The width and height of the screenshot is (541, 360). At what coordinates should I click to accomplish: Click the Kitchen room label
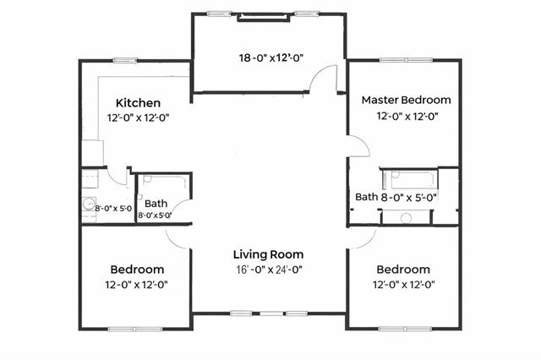(138, 103)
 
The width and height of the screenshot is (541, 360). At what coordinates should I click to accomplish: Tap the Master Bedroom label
(406, 100)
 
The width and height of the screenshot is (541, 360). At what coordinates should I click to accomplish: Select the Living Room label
(269, 254)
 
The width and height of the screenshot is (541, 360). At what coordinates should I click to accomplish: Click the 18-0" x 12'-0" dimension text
(270, 57)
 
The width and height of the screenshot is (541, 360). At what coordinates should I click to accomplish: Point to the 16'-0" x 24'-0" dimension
(269, 270)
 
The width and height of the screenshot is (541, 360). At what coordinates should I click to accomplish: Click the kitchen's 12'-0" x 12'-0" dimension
(138, 118)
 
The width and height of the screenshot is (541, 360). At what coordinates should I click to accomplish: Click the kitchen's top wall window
(125, 61)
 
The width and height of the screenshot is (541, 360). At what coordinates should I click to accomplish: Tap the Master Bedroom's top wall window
(406, 60)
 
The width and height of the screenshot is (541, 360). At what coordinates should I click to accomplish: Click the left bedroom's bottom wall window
(135, 330)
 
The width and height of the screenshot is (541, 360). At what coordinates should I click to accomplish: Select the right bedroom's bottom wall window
(405, 329)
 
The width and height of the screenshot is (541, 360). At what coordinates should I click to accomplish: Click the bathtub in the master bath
(411, 179)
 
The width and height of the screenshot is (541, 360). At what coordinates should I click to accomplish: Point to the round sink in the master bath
(406, 217)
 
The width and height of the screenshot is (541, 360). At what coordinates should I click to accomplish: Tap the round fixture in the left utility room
(90, 204)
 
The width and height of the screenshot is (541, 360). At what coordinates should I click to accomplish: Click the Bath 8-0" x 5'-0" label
(396, 197)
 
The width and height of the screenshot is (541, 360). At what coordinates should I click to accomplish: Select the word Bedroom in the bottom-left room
(137, 270)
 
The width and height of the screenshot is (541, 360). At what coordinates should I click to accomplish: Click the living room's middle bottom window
(271, 314)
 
